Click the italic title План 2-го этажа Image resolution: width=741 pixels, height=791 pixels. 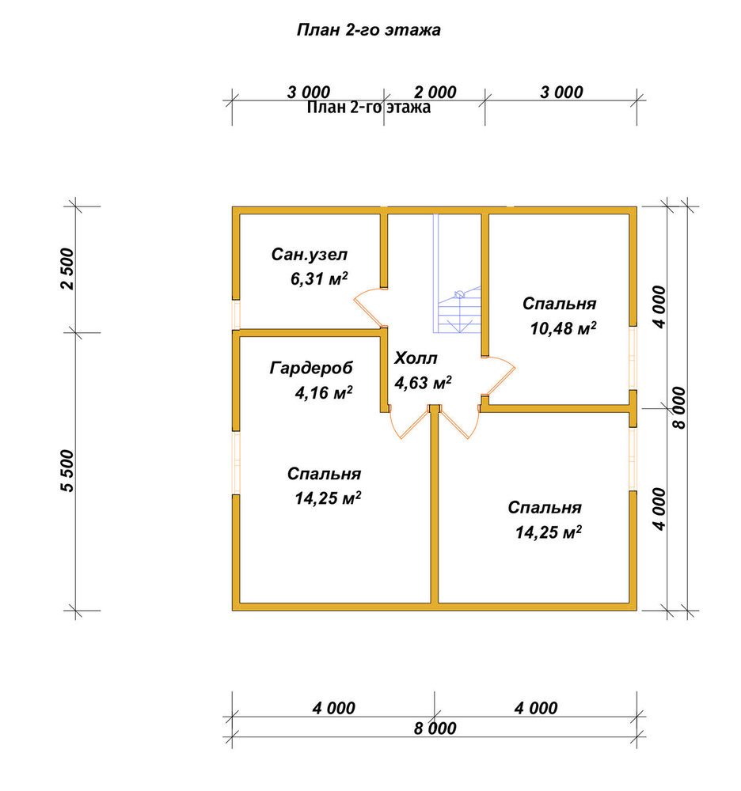click(368, 30)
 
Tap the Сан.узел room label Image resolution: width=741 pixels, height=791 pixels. click(310, 254)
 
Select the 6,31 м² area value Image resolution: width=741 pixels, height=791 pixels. click(319, 278)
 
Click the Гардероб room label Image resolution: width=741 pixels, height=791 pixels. click(311, 368)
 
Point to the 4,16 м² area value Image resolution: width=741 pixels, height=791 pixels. click(324, 392)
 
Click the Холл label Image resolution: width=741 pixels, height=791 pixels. click(416, 358)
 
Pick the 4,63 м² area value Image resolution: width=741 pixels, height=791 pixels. click(423, 383)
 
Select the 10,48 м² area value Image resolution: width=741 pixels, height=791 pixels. click(563, 328)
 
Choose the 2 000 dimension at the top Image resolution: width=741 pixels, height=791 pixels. click(435, 93)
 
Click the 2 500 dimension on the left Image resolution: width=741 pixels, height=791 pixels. click(67, 269)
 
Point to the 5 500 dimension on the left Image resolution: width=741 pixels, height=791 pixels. click(67, 471)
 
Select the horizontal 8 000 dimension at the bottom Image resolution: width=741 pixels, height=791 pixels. click(435, 729)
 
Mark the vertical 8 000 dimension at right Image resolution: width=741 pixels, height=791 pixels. click(679, 407)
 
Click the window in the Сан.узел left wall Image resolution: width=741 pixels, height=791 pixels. click(236, 315)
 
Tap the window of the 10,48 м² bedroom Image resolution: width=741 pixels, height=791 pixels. click(633, 358)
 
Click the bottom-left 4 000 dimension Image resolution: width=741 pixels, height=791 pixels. click(333, 708)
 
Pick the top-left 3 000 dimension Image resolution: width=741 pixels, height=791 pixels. click(309, 93)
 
